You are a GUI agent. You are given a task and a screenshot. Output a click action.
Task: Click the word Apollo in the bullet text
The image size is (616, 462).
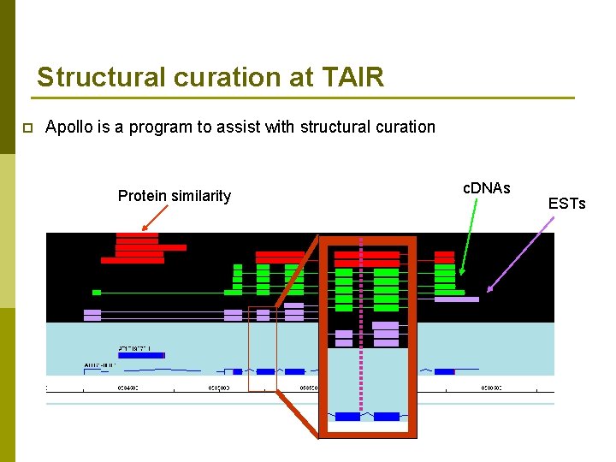point(69,127)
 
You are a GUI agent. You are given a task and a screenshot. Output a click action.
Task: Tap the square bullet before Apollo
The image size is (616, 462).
point(27,128)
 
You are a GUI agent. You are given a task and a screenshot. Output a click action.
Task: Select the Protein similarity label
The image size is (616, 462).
point(175,196)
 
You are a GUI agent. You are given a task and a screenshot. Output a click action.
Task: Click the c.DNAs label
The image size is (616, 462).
point(486,187)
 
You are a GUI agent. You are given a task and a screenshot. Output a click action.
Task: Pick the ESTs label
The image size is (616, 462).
point(566,204)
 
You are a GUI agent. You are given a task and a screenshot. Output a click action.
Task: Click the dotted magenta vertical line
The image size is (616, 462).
point(361,342)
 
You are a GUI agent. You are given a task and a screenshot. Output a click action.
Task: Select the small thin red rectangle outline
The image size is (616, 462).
point(263,348)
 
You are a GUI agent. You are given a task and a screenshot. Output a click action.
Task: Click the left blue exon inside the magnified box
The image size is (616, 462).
point(347,417)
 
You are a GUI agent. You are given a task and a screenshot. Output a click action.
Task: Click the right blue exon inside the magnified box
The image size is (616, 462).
point(387,417)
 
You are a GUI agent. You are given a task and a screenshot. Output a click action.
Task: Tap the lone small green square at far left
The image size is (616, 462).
point(97,293)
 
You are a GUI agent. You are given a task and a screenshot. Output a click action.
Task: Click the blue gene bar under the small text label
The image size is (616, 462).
point(141,355)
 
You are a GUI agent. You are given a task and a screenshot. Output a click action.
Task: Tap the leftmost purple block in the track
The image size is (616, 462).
point(92,315)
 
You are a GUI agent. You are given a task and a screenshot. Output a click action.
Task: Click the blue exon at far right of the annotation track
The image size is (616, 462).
point(444,371)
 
